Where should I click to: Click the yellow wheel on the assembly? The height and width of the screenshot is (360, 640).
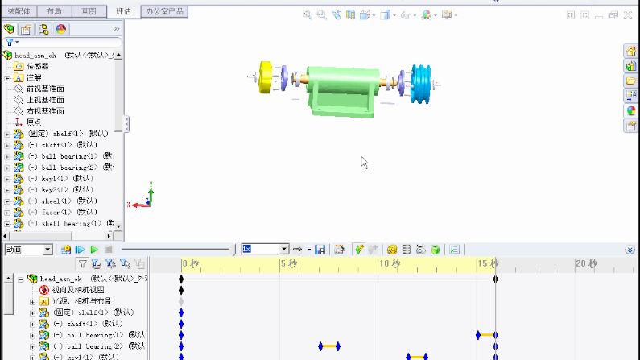268,77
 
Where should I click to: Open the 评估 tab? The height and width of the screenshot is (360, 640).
123,11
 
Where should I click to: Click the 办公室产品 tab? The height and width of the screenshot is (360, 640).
163,11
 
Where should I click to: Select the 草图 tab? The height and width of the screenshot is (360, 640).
89,11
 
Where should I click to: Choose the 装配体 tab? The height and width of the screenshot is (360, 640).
19,11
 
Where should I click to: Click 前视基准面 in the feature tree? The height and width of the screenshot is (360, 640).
45,89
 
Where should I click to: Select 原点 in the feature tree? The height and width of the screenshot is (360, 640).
34,122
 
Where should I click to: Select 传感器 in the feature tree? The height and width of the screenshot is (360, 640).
38,66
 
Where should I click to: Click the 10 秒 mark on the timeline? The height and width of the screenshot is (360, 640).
390,263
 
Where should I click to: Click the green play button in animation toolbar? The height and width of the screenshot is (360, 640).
94,250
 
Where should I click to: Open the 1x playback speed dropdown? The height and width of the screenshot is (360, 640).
283,250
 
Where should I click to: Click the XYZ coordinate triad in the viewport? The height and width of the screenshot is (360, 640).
145,198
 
